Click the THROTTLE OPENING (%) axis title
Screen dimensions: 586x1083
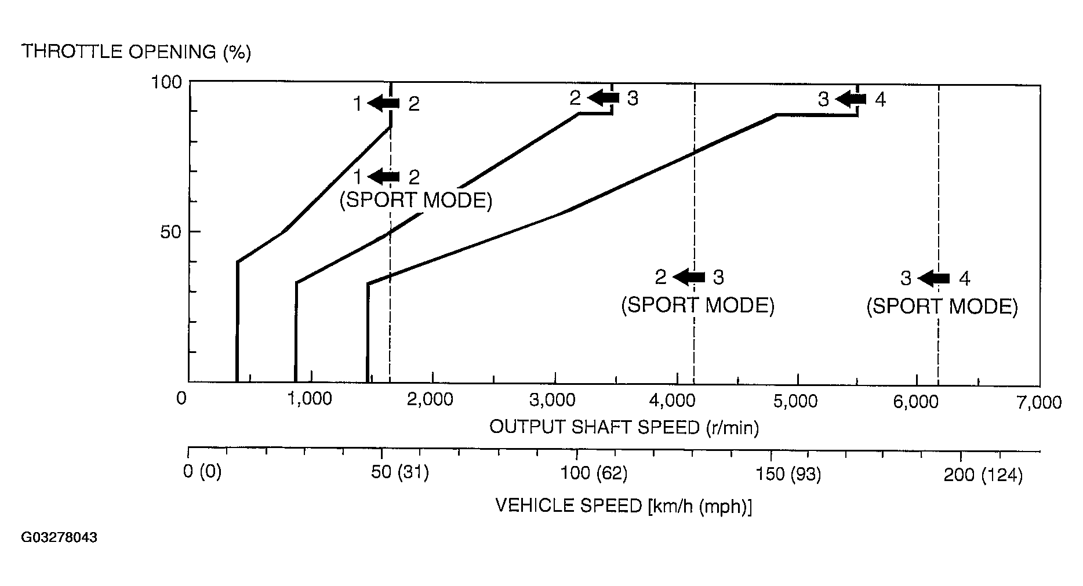(x=136, y=52)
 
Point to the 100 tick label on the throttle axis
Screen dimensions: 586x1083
(x=167, y=82)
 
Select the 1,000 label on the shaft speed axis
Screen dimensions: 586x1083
(x=312, y=400)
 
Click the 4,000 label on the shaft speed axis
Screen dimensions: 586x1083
(x=677, y=401)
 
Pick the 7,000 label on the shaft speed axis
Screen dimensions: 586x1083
(x=1039, y=402)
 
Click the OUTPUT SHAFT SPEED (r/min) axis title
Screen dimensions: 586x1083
(x=624, y=428)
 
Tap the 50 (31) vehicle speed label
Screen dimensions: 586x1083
(x=400, y=473)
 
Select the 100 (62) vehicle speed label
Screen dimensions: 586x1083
(x=594, y=474)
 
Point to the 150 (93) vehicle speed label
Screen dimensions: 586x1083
(x=788, y=475)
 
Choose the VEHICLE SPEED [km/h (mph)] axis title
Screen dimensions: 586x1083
(x=624, y=506)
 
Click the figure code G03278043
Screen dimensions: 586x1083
(x=59, y=538)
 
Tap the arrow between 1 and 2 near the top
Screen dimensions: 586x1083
(x=384, y=104)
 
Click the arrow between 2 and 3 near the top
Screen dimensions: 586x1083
(x=604, y=97)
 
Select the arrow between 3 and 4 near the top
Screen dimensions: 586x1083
(x=851, y=100)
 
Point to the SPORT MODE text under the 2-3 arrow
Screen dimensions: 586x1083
(x=697, y=305)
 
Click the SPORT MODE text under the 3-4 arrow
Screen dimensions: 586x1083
(x=942, y=307)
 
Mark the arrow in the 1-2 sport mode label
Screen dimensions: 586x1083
(x=384, y=176)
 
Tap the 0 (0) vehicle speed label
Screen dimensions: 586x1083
(x=202, y=472)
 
